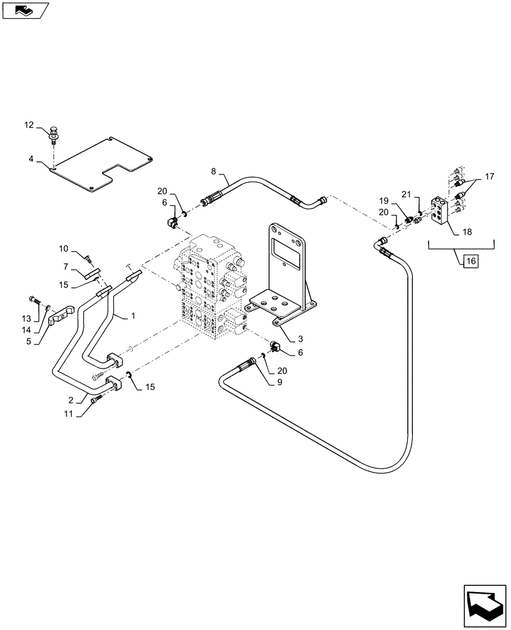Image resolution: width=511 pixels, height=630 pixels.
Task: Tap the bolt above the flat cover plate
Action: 54,134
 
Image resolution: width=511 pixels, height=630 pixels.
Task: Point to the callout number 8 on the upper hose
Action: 213,170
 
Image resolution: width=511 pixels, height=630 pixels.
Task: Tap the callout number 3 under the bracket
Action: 291,338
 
